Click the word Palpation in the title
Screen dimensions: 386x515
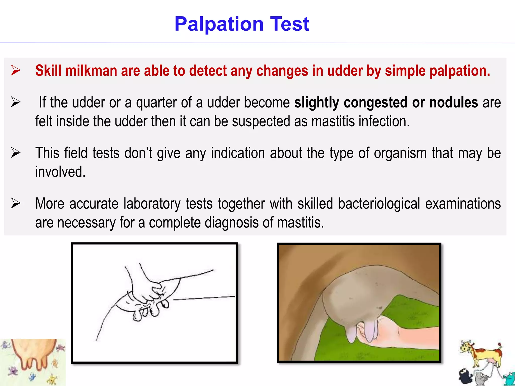point(219,24)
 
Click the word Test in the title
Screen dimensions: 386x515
point(289,24)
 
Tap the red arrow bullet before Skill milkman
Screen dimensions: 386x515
point(16,70)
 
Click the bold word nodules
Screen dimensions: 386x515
point(453,103)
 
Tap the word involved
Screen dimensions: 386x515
point(60,172)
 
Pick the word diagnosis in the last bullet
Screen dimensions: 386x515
point(231,223)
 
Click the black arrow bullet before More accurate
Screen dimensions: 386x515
point(16,203)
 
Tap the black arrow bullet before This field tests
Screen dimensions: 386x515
point(16,153)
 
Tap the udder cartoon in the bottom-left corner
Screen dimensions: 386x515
point(33,357)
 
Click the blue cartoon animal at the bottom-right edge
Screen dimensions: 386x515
point(509,378)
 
